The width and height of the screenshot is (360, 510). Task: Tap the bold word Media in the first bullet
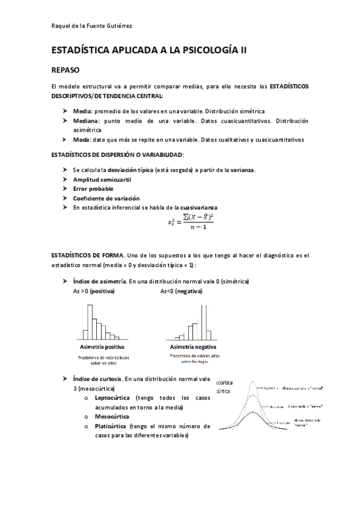(x=82, y=111)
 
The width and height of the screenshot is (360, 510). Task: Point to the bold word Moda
(x=81, y=140)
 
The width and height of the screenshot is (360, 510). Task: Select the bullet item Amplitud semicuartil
(x=102, y=180)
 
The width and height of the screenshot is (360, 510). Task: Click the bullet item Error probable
(x=93, y=189)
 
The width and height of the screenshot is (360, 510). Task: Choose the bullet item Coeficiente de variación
(x=106, y=198)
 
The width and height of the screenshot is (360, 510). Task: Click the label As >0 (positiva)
(x=93, y=291)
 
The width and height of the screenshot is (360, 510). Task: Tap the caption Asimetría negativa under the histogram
(x=194, y=348)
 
